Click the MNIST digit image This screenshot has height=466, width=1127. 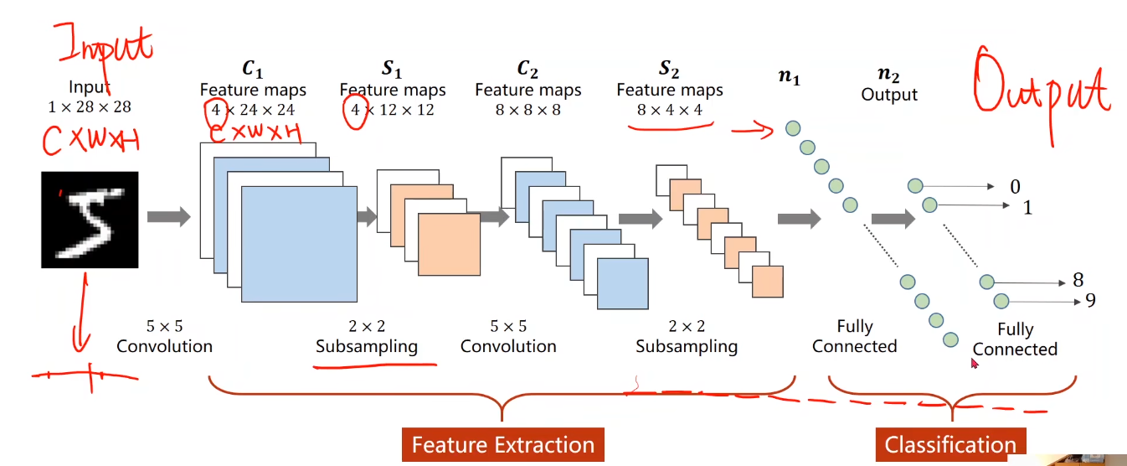tap(90, 220)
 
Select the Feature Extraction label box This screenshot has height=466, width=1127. tap(502, 444)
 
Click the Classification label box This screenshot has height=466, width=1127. tap(950, 444)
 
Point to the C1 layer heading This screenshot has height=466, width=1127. tap(253, 69)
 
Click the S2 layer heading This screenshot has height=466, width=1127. tap(669, 69)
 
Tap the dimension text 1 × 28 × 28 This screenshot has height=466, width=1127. tap(90, 106)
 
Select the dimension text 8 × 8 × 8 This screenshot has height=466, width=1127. tap(527, 109)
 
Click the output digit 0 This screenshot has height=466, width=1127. tap(1016, 187)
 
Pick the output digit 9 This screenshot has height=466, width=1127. tap(1091, 300)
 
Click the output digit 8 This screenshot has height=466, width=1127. tap(1078, 280)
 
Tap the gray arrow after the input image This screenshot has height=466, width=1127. tap(169, 216)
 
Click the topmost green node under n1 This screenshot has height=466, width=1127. tap(793, 128)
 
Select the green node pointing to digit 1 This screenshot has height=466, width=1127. tap(929, 205)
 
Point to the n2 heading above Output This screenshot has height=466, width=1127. tap(888, 75)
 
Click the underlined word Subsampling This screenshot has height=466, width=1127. tap(367, 347)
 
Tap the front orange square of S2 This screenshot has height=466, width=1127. tap(768, 282)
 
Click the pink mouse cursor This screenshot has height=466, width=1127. tap(975, 363)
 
